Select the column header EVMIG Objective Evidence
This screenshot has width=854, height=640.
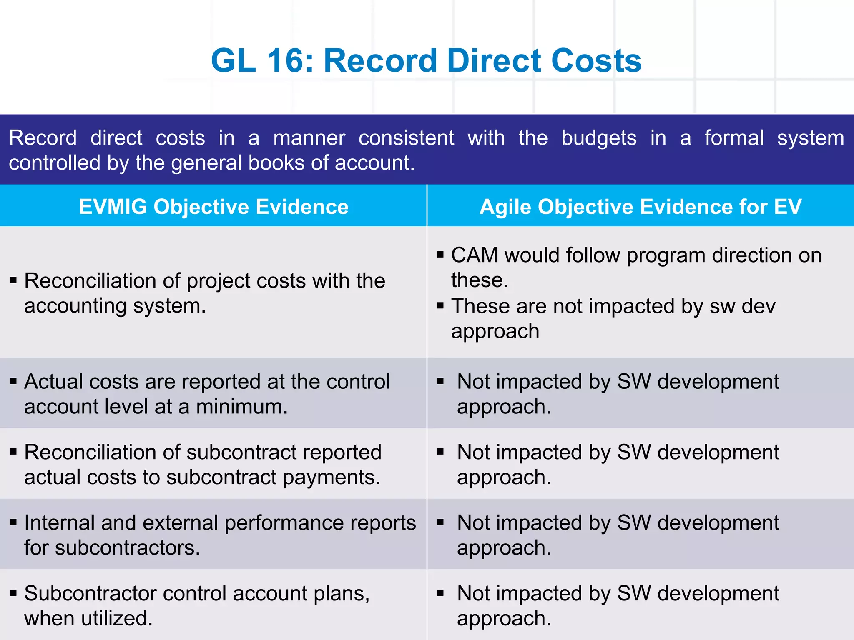tap(213, 207)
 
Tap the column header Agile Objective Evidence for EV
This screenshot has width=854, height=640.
tap(640, 207)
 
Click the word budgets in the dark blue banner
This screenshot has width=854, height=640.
tap(599, 138)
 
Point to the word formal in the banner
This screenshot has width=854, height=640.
tap(734, 137)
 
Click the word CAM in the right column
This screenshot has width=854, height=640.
tap(474, 255)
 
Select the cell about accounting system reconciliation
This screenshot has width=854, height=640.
tap(204, 293)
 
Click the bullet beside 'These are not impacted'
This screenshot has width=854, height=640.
tap(440, 306)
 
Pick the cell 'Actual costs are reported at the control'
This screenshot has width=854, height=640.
tap(207, 394)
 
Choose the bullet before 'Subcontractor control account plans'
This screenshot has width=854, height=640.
tap(13, 593)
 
